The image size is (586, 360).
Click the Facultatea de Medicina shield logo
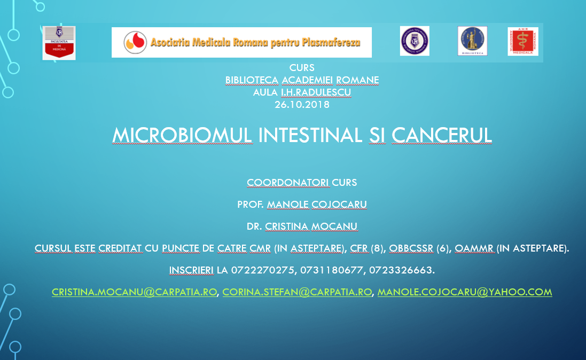(x=59, y=43)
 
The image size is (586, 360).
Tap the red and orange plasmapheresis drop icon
(x=135, y=42)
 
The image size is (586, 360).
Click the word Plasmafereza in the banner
(x=331, y=43)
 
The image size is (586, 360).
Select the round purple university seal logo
(x=415, y=41)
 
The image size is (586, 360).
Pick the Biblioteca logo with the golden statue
(x=472, y=41)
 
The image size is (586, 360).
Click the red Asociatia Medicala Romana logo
(x=523, y=42)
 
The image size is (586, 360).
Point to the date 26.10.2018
(x=302, y=105)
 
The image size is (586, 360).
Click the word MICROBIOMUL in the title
(x=182, y=135)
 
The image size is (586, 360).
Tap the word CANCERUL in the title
(x=442, y=135)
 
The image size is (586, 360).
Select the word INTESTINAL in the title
(x=310, y=135)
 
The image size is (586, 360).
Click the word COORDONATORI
(x=288, y=183)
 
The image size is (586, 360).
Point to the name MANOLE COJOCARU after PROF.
(x=317, y=205)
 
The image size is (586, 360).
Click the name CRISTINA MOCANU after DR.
(x=311, y=226)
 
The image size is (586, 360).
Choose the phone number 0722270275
(x=262, y=270)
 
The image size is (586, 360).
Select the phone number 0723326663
(x=401, y=270)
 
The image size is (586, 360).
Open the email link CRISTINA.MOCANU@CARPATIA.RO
(x=134, y=292)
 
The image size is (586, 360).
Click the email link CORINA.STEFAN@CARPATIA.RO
(x=297, y=292)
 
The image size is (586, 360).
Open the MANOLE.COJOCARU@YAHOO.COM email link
(x=465, y=292)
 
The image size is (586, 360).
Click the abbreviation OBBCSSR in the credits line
(x=411, y=248)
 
